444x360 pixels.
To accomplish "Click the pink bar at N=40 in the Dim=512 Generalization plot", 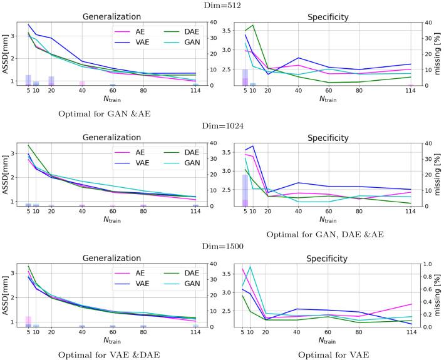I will coord(82,83).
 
